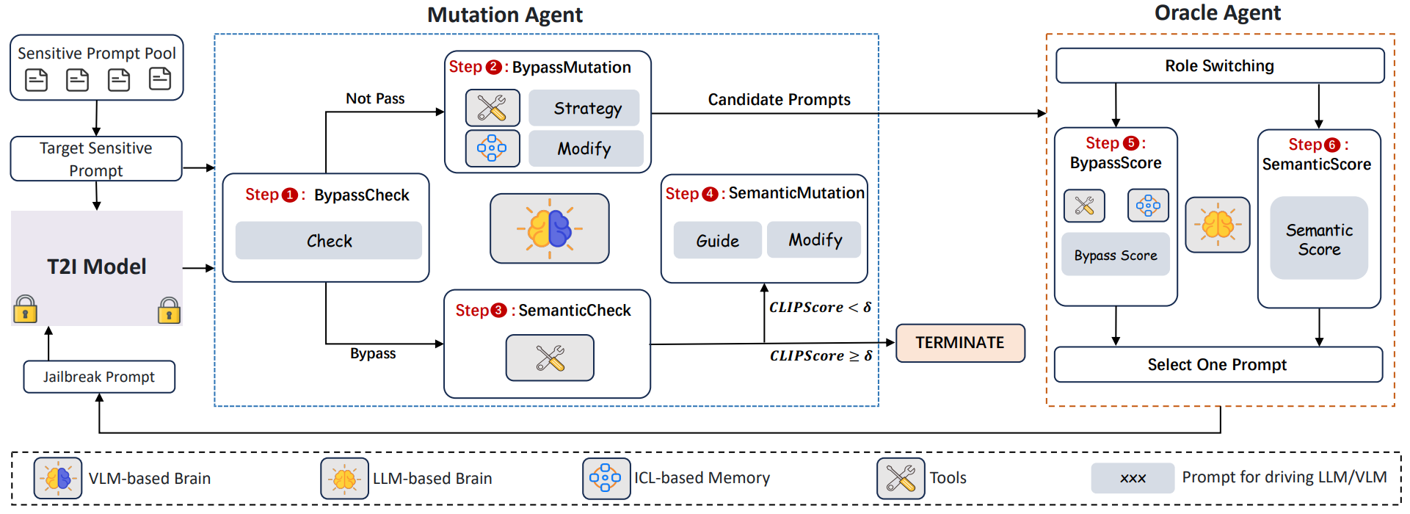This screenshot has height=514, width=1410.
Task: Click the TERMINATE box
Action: [959, 343]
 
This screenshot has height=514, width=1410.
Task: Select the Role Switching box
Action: [1219, 66]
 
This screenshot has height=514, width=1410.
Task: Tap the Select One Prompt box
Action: [1217, 365]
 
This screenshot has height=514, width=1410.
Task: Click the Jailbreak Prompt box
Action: [99, 377]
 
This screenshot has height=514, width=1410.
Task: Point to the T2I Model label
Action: [97, 267]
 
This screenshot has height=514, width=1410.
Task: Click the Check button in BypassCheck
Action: [329, 241]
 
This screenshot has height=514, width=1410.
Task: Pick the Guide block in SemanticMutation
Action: [717, 241]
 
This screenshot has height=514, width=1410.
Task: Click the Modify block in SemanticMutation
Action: [815, 240]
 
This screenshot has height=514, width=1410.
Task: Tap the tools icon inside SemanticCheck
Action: [550, 358]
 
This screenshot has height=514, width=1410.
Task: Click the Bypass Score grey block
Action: [1115, 255]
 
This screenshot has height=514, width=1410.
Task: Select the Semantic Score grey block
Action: [1318, 239]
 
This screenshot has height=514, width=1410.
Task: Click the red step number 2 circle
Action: [494, 68]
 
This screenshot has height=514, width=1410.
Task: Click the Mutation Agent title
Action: [505, 15]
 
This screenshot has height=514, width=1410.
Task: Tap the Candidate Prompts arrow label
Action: [779, 99]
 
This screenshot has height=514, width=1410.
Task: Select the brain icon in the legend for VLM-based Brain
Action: [58, 479]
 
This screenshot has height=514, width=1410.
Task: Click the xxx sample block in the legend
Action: [1133, 478]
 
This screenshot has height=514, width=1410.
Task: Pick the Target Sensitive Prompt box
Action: [96, 159]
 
